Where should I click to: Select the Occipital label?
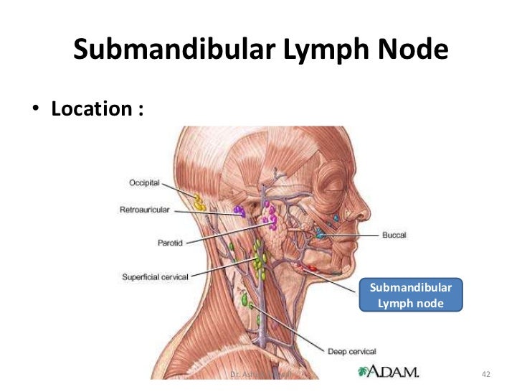[x=146, y=183]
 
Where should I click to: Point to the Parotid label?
[x=171, y=243]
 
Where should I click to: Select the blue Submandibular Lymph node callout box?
[x=411, y=296]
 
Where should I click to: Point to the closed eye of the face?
[x=331, y=184]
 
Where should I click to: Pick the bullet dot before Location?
[x=33, y=111]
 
